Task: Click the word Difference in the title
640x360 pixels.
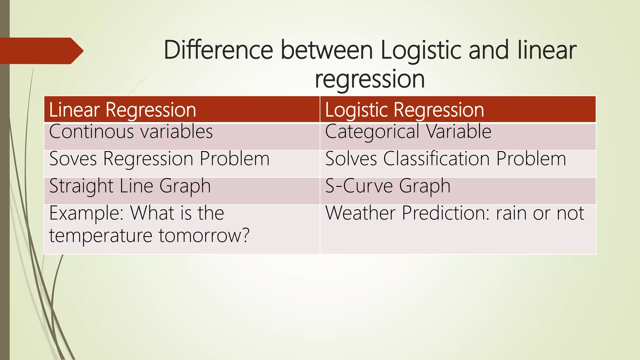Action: pos(218,50)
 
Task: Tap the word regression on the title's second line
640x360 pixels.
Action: pos(370,79)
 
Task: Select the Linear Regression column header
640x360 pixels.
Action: pos(122,110)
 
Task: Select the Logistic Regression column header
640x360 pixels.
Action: pos(404,110)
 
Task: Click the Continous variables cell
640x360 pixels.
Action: pos(131,132)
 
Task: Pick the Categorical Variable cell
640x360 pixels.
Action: pos(408,132)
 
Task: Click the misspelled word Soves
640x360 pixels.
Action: pos(73,159)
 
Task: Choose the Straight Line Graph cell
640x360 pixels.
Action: pos(130,186)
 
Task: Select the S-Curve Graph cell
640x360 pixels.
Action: pos(388,186)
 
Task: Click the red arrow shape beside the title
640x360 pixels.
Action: pos(41,51)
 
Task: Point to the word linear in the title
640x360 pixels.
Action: pos(547,50)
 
